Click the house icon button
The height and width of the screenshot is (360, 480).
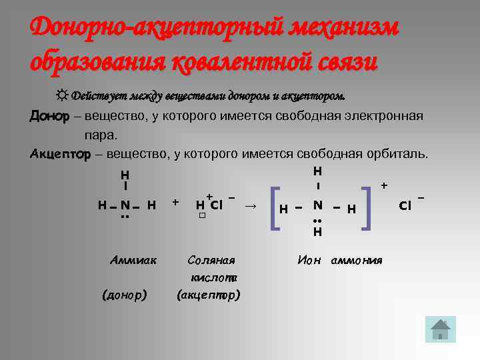pyautogui.click(x=440, y=329)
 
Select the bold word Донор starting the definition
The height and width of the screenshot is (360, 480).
pyautogui.click(x=49, y=116)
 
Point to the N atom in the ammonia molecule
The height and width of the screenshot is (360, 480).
pyautogui.click(x=125, y=204)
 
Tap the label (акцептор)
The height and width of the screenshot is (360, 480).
pyautogui.click(x=209, y=293)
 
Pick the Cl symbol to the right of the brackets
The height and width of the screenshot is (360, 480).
pyautogui.click(x=405, y=205)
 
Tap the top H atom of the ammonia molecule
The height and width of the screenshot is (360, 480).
pyautogui.click(x=125, y=175)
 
